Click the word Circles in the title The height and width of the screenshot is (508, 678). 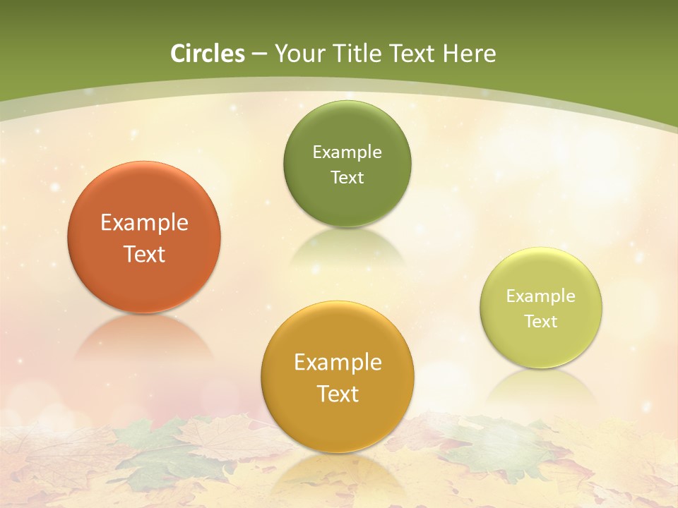pyautogui.click(x=207, y=54)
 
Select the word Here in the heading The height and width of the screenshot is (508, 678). pyautogui.click(x=469, y=54)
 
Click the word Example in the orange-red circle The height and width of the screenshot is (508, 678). pyautogui.click(x=144, y=223)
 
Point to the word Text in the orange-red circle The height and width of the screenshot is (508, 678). pyautogui.click(x=144, y=254)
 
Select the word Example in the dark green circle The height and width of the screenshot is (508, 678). pyautogui.click(x=347, y=152)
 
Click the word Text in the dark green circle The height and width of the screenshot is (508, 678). pyautogui.click(x=347, y=177)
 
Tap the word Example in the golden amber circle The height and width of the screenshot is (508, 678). pyautogui.click(x=338, y=363)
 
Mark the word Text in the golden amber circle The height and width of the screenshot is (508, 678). pyautogui.click(x=338, y=394)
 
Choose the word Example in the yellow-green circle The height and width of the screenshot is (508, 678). pyautogui.click(x=541, y=296)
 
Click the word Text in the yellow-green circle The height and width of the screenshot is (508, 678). pyautogui.click(x=541, y=322)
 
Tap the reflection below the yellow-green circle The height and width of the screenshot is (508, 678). pyautogui.click(x=541, y=386)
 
